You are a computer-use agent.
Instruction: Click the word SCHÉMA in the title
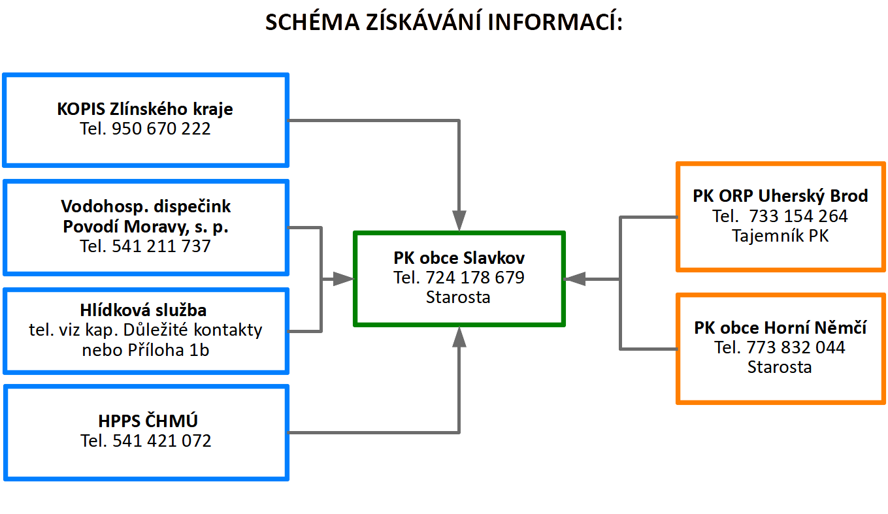coord(312,22)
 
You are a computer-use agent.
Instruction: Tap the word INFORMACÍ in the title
coord(555,22)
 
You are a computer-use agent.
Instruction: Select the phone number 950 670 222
coord(161,129)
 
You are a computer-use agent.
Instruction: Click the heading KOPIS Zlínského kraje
coord(145,109)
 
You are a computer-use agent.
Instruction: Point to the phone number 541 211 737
coord(161,246)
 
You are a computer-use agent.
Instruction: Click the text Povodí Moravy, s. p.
coord(146,227)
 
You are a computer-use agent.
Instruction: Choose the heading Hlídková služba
coord(143,310)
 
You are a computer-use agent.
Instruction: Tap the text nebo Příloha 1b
coord(146,350)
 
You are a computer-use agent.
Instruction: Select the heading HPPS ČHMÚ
coord(148,421)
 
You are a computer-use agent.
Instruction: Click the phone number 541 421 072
coord(162,441)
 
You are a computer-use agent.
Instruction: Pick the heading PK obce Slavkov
coord(459,258)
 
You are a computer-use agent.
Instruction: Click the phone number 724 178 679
coord(475,278)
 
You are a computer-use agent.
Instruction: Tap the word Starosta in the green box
coord(458,297)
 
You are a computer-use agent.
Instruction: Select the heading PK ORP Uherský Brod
coord(780,196)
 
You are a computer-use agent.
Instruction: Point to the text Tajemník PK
coord(780,236)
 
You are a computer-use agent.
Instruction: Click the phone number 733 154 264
coord(798,216)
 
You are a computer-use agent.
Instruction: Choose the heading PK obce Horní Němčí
coord(780,328)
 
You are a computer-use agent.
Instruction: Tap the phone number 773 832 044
coord(796,347)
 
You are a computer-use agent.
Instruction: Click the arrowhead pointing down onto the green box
coord(459,221)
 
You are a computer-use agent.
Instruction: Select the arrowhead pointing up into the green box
coord(459,337)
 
